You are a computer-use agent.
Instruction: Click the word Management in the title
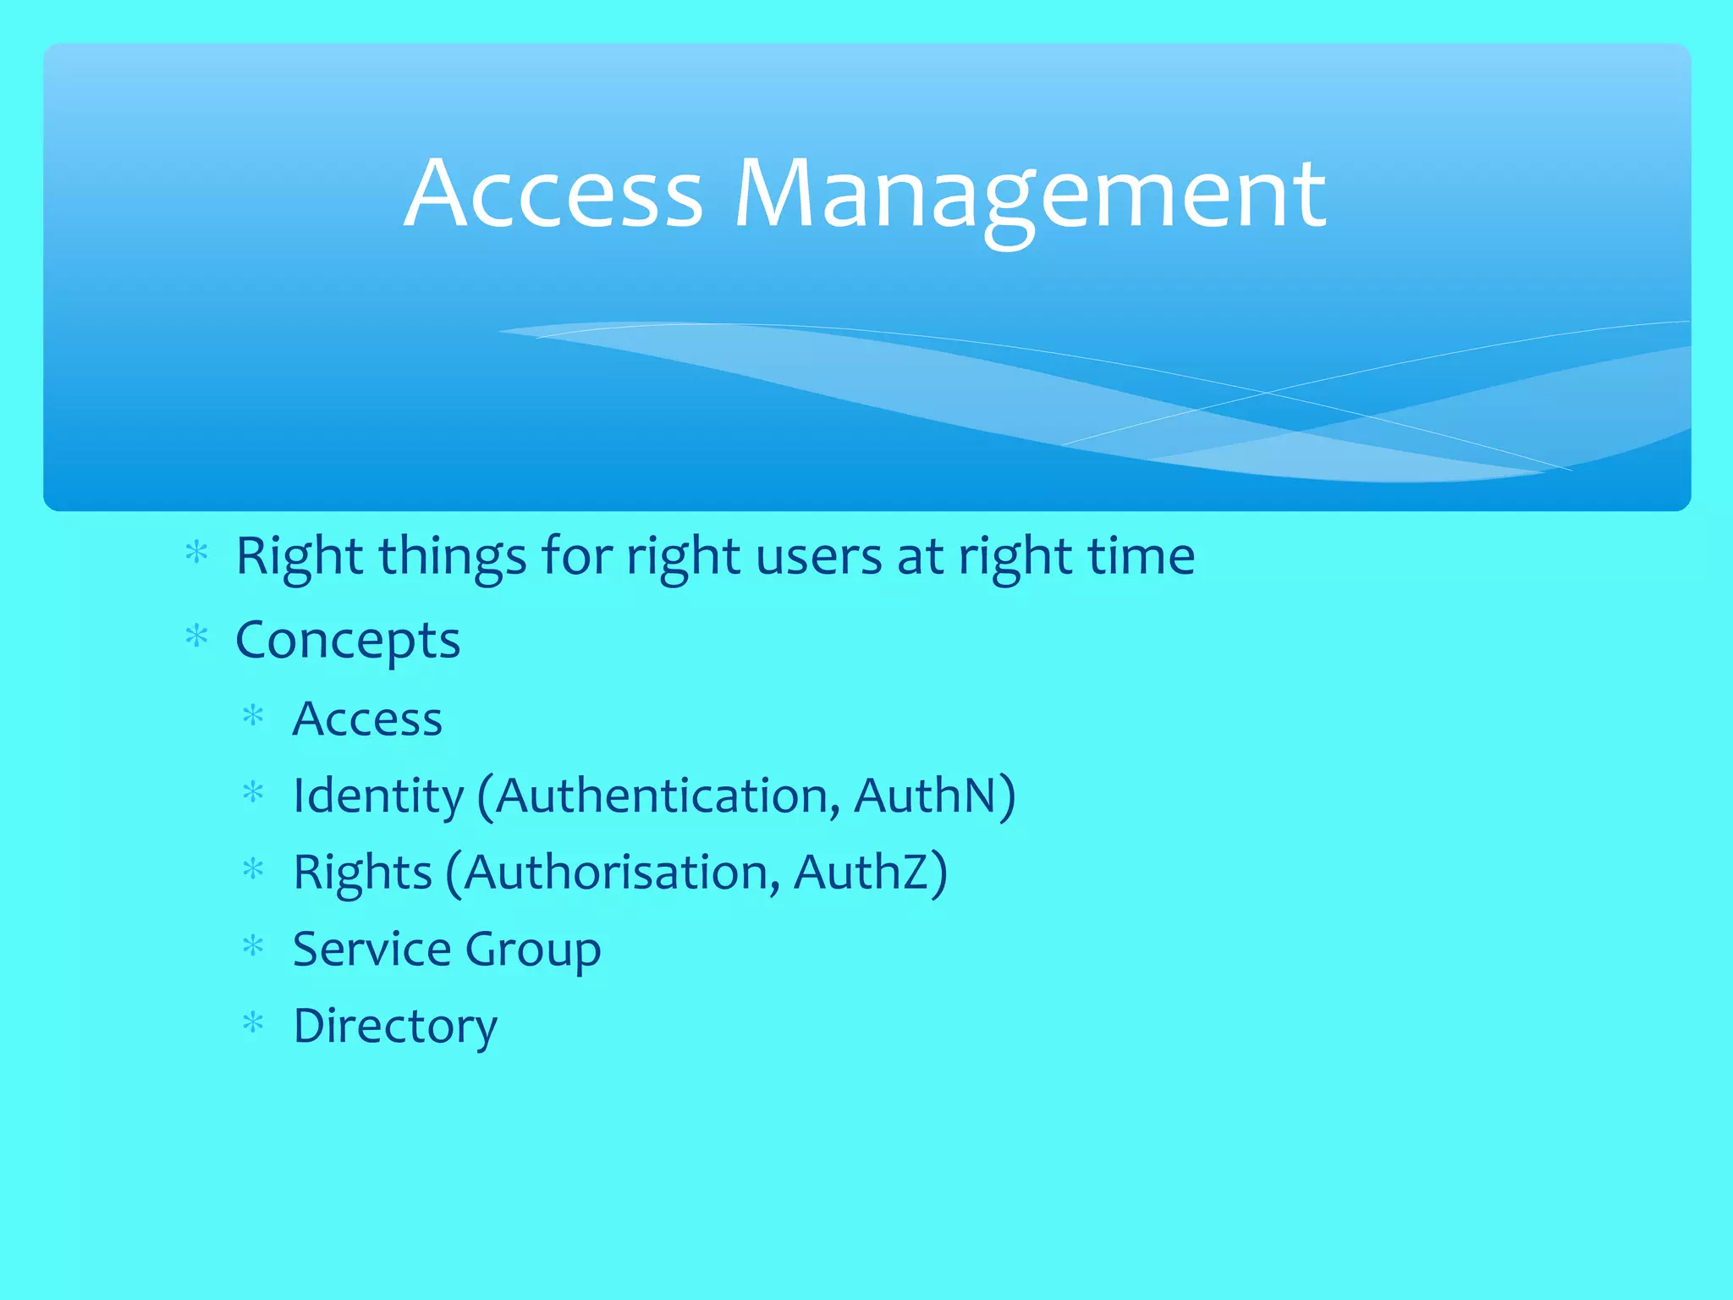(x=1030, y=196)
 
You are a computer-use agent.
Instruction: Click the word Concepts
(x=348, y=641)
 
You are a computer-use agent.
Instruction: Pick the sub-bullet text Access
(x=367, y=719)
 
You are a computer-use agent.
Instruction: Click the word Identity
(x=378, y=796)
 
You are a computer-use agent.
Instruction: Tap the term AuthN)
(x=934, y=796)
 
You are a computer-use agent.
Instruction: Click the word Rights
(x=362, y=873)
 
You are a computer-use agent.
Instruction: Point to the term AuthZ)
(x=871, y=873)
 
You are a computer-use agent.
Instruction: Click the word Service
(x=371, y=949)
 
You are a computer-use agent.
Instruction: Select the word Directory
(x=395, y=1027)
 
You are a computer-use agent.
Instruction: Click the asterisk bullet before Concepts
(x=196, y=636)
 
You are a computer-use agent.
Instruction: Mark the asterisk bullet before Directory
(x=253, y=1022)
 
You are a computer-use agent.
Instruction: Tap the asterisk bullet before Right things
(x=196, y=553)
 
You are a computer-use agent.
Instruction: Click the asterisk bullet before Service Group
(x=253, y=945)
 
